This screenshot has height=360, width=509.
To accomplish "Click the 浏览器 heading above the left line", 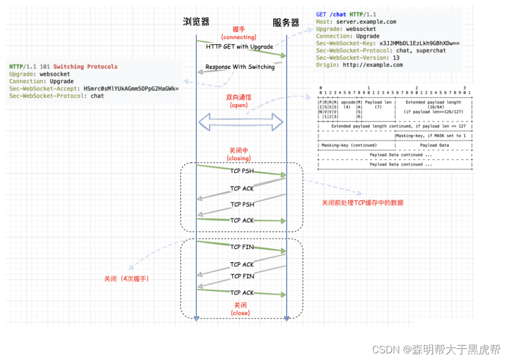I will tap(196, 22).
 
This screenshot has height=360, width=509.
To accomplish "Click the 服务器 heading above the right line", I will tap(286, 23).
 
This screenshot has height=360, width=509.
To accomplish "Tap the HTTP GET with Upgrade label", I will tap(240, 47).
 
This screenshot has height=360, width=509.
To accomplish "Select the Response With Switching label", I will tap(240, 67).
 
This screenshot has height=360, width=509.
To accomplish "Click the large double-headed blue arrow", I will tap(241, 122).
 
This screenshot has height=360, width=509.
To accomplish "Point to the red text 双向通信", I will tap(239, 97).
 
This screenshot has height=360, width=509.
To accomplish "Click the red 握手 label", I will tap(239, 29).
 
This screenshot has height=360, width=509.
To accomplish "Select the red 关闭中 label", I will tap(240, 150).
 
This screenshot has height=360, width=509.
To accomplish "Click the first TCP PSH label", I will tap(242, 171).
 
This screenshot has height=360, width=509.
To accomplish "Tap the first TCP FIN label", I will tap(242, 247).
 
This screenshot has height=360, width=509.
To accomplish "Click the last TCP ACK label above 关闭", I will tap(242, 292).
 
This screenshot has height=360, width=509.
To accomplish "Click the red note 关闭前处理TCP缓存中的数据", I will tap(363, 202).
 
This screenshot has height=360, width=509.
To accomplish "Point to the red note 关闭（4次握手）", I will tap(126, 278).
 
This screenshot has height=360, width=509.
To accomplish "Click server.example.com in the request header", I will tap(366, 22).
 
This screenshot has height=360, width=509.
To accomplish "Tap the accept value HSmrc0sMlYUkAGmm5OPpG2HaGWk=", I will tap(131, 88).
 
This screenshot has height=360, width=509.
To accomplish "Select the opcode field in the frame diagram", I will tap(348, 103).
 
